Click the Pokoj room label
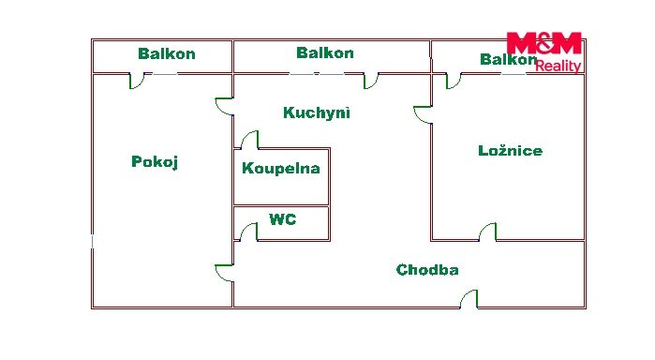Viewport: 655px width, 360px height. click(155, 162)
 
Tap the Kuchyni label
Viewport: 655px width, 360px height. click(316, 112)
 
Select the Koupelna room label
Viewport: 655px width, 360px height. click(281, 168)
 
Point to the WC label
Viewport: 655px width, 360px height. click(283, 219)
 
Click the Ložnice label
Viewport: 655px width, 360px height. click(510, 151)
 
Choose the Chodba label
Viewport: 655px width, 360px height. click(427, 270)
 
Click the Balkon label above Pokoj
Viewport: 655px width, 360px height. click(166, 53)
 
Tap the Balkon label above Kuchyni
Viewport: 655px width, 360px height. click(324, 52)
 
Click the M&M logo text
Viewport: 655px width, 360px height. click(543, 43)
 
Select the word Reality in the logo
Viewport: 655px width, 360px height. click(558, 66)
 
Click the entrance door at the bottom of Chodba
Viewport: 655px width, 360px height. click(469, 299)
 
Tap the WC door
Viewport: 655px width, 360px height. click(248, 232)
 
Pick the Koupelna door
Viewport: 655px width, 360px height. click(249, 140)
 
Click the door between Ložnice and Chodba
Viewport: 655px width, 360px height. click(487, 232)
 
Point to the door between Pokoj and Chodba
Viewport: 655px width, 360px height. click(224, 273)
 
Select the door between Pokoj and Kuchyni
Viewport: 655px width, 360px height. click(224, 106)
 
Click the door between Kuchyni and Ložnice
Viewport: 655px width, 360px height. click(423, 115)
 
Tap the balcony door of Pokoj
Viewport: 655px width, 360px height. click(137, 81)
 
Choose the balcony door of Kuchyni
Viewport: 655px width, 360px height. click(371, 81)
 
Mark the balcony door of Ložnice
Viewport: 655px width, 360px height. click(454, 81)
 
